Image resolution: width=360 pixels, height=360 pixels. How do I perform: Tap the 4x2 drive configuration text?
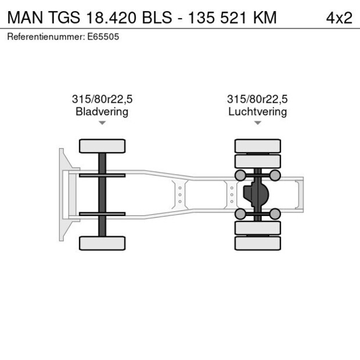tap(339, 17)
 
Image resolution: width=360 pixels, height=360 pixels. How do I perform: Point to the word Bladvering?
tap(102, 111)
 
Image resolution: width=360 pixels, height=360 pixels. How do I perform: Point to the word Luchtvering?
tap(257, 111)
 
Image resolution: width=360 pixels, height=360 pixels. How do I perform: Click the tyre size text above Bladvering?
tap(102, 99)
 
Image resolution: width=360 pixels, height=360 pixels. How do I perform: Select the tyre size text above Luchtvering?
tap(257, 99)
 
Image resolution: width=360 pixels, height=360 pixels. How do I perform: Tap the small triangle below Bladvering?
tap(102, 123)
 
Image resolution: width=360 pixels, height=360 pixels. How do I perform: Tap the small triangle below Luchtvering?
tap(257, 123)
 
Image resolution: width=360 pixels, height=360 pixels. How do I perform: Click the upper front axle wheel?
tap(102, 146)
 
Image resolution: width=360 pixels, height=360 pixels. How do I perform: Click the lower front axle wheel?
tap(102, 243)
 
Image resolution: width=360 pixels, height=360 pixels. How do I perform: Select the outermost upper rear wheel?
tap(257, 146)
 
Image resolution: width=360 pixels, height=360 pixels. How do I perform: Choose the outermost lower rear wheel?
tap(257, 243)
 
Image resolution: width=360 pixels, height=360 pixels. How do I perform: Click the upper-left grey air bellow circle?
tap(239, 175)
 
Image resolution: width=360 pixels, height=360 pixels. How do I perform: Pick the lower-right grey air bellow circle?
tap(275, 214)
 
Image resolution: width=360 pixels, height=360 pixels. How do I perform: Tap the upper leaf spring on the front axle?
tap(102, 175)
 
